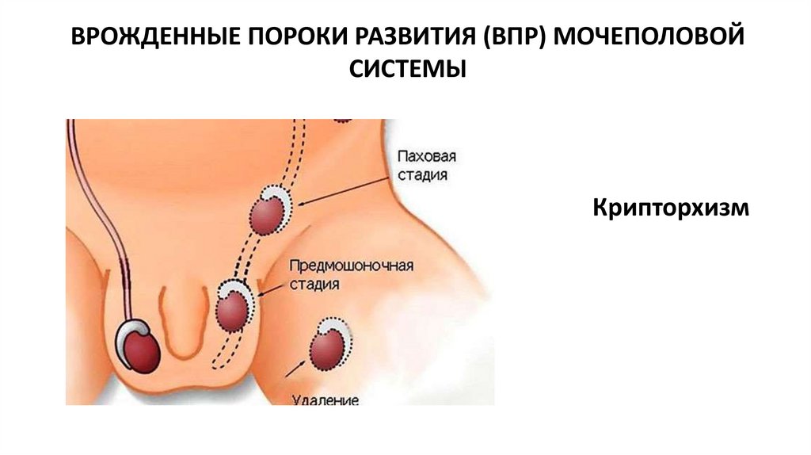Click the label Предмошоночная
pyautogui.click(x=352, y=265)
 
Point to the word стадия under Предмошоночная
pyautogui.click(x=315, y=283)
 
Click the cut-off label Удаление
pyautogui.click(x=326, y=400)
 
